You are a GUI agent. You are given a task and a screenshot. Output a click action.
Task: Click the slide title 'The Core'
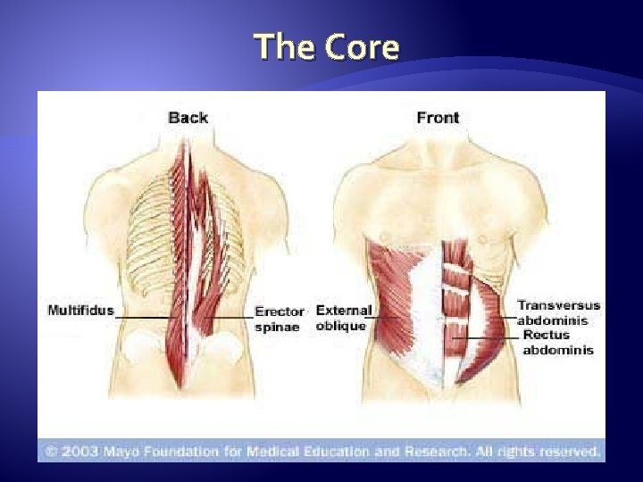(x=326, y=46)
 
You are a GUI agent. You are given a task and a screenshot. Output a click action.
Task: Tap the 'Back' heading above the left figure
(x=188, y=118)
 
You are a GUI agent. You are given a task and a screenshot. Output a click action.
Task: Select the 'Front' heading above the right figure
(x=438, y=118)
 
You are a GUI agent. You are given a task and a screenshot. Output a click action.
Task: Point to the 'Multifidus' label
(x=80, y=311)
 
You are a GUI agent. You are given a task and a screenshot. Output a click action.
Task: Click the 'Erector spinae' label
(x=280, y=320)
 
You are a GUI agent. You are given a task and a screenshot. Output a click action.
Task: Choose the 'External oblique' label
(x=344, y=318)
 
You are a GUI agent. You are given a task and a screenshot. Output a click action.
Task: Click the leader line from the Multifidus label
(x=143, y=318)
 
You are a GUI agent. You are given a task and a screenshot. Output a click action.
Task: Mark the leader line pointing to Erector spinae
(x=230, y=318)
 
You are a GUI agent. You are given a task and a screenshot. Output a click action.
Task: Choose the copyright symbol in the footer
(x=50, y=452)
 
